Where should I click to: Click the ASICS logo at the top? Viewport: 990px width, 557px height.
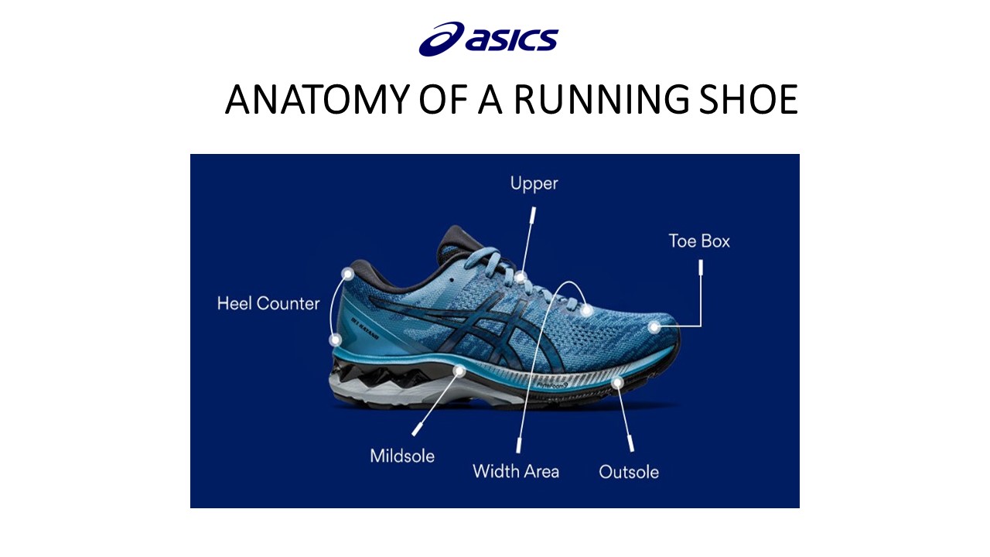coord(488,39)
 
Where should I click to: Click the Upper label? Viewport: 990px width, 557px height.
coord(534,183)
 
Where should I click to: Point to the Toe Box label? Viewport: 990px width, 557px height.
coord(699,241)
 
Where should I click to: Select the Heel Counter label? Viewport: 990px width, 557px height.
coord(268,303)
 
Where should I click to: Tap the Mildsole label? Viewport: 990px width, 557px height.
coord(402,456)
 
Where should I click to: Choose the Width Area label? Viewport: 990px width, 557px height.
coord(516,470)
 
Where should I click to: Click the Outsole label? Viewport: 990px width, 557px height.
coord(629,471)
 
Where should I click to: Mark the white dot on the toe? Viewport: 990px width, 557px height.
coord(654,327)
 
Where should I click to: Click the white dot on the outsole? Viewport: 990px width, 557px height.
coord(616,382)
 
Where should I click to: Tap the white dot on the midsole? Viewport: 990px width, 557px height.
coord(459,371)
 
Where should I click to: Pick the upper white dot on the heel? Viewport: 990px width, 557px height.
coord(348,274)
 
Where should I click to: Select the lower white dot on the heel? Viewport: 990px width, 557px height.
coord(336,339)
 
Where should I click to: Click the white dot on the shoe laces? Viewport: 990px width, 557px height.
coord(521,277)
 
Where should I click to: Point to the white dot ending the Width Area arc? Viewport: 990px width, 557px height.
coord(587,310)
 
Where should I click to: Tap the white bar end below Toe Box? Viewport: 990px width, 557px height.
coord(702,268)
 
